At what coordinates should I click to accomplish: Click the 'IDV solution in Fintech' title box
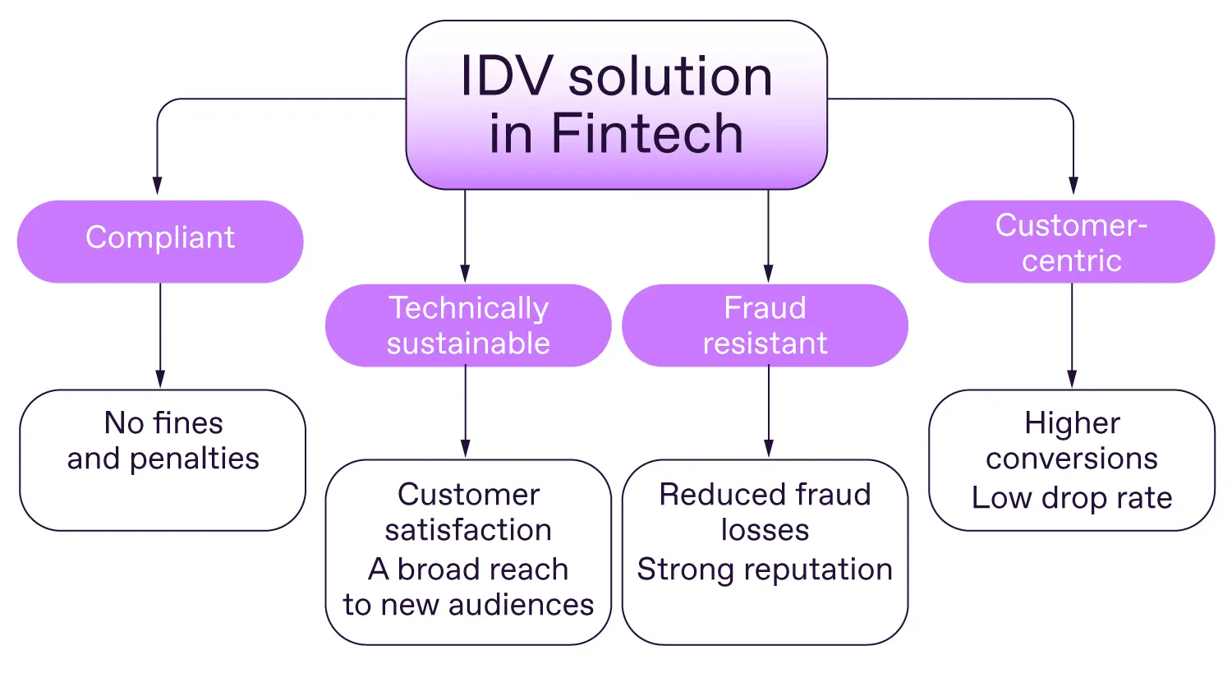click(x=616, y=104)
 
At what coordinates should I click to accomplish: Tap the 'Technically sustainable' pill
click(x=468, y=325)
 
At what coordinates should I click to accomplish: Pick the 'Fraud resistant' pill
click(x=765, y=325)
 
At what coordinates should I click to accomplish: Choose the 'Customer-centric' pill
click(x=1071, y=242)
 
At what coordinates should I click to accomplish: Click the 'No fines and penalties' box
click(x=163, y=459)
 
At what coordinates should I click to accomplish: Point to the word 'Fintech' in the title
click(x=647, y=133)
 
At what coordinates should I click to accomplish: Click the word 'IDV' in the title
click(x=507, y=77)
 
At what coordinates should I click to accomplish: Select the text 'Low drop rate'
click(x=1071, y=498)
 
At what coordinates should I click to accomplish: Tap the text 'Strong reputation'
click(x=765, y=570)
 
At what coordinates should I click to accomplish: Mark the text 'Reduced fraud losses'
click(x=765, y=512)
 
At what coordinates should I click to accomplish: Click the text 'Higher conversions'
click(x=1071, y=440)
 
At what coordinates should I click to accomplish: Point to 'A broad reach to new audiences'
click(x=468, y=587)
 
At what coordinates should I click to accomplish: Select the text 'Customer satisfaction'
click(x=468, y=512)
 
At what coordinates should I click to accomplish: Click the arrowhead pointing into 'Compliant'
click(x=158, y=186)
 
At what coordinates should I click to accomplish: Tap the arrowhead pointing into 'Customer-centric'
click(x=1073, y=186)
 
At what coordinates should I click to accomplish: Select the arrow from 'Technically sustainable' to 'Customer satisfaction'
click(x=466, y=411)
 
